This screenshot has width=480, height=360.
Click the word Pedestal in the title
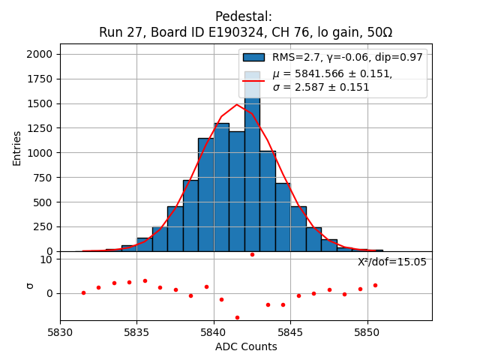coord(243,16)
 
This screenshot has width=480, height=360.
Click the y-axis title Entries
coord(17,148)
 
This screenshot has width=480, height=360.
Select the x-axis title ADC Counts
coord(246,346)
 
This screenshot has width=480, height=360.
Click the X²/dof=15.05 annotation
coord(391,262)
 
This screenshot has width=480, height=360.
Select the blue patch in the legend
coord(253,57)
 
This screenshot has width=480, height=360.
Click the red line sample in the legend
coord(253,80)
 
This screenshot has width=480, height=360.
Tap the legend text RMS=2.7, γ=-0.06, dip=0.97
coord(347,57)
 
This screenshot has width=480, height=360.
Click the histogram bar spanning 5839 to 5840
coord(206,195)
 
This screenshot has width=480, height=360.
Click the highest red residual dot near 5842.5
coord(252,254)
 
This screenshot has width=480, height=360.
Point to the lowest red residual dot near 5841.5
coord(237,317)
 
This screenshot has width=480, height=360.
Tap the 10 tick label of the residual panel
coord(46,259)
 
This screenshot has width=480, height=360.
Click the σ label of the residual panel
coord(30,285)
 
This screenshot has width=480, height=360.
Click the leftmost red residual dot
coord(83,292)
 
